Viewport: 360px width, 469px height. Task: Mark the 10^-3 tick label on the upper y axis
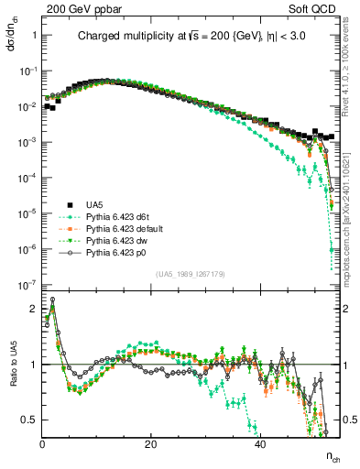[28, 142]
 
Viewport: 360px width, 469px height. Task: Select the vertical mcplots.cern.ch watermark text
[352, 220]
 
